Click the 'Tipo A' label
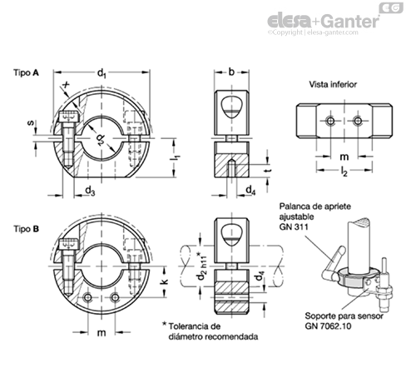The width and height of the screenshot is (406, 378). click(26, 72)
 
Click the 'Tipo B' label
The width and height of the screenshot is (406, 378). click(26, 229)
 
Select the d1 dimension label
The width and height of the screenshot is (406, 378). click(101, 73)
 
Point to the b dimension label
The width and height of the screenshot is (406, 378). click(231, 72)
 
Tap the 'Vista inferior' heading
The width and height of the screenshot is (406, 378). click(333, 84)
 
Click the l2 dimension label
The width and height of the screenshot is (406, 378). click(344, 172)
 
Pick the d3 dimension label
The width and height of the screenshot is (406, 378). click(90, 191)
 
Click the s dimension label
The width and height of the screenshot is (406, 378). click(32, 122)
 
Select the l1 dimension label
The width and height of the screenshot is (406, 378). click(175, 158)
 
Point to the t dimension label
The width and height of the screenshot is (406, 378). click(267, 171)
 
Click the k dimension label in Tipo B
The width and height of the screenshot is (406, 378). click(165, 281)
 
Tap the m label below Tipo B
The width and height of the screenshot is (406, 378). click(101, 332)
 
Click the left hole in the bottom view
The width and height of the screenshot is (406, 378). click(330, 121)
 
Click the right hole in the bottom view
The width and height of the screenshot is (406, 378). click(358, 121)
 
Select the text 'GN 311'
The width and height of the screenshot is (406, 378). click(294, 226)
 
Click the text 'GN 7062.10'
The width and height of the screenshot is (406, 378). click(328, 326)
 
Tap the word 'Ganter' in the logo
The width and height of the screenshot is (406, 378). click(350, 21)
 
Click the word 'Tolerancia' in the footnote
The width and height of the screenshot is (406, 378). click(186, 326)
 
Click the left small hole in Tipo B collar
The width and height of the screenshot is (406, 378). click(88, 298)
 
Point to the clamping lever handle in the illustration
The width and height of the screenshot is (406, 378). click(338, 256)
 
